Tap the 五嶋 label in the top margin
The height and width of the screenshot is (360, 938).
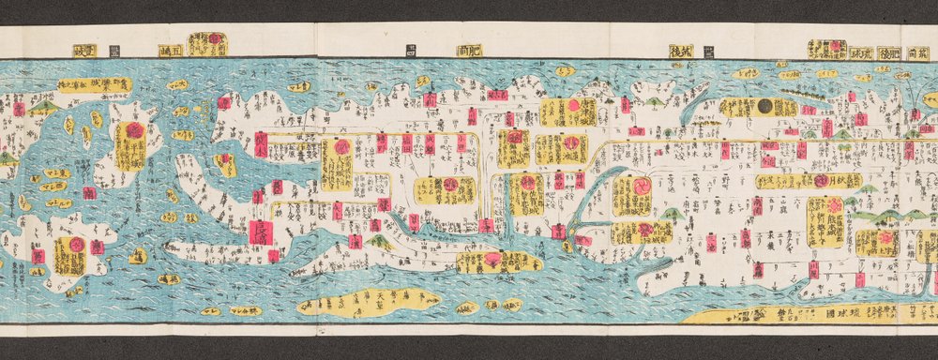[x=172, y=51]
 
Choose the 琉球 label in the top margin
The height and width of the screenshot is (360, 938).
[x=861, y=52]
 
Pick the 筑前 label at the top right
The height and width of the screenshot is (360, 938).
[x=922, y=52]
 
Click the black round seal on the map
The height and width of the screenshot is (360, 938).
[x=765, y=107]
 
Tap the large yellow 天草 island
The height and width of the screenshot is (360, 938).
[x=368, y=303]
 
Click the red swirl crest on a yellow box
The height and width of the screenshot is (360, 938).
[x=643, y=186]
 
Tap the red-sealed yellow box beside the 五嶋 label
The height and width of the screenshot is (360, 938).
[x=207, y=43]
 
